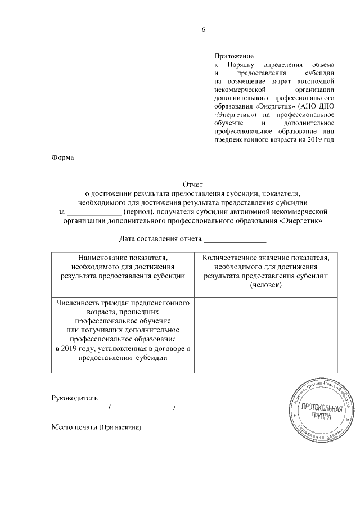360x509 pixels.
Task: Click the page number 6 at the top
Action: tap(204, 30)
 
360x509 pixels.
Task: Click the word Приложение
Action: tap(235, 56)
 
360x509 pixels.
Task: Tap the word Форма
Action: tap(62, 157)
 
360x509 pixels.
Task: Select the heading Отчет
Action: tap(192, 184)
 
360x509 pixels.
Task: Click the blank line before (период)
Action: tap(93, 212)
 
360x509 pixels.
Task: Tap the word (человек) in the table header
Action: tap(266, 286)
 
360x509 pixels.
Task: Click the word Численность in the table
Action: tap(79, 303)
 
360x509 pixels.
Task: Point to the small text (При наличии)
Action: tap(120, 427)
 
